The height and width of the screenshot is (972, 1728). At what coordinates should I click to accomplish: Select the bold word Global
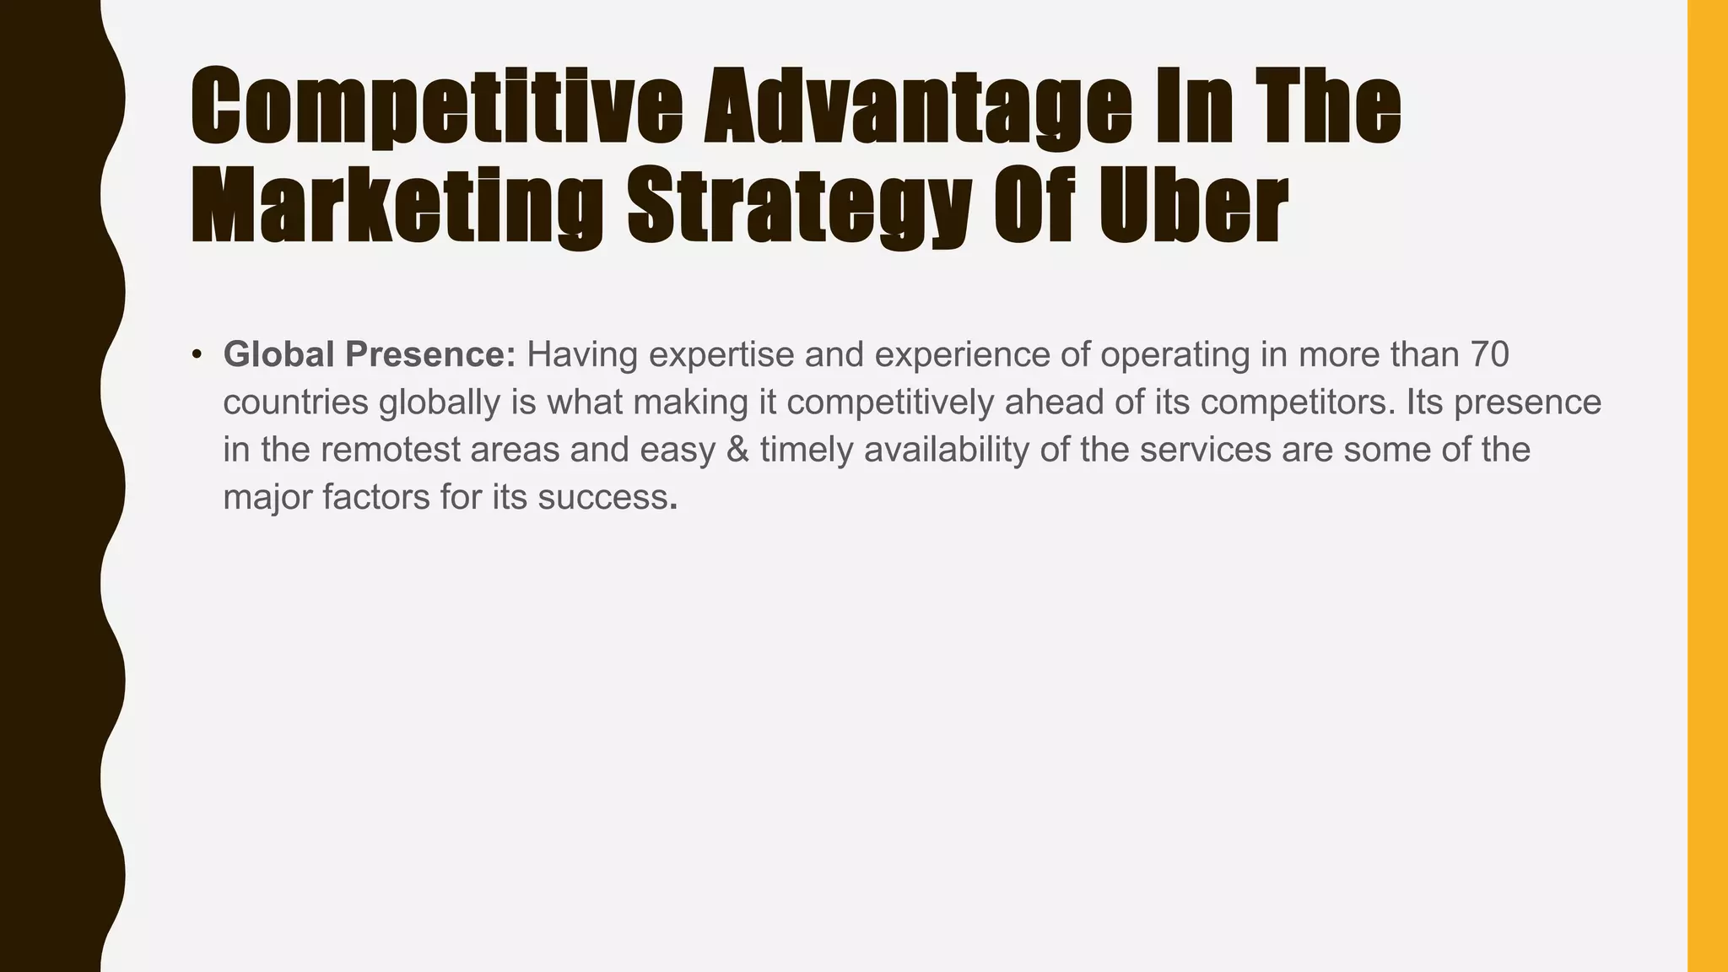[x=279, y=355]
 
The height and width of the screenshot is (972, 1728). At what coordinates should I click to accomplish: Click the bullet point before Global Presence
[x=197, y=355]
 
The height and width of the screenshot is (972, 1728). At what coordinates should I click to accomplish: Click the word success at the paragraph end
[x=602, y=498]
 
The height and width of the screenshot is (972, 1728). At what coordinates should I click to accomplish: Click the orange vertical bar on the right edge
[x=1707, y=486]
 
